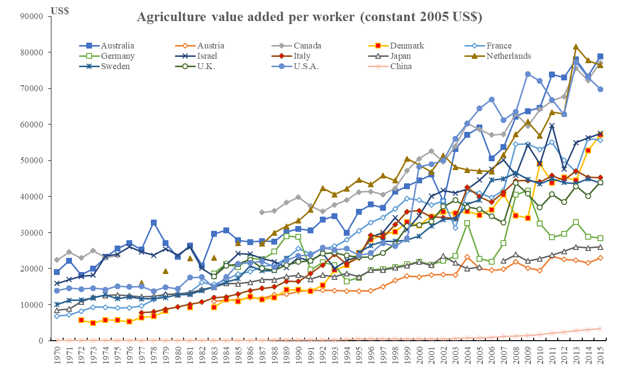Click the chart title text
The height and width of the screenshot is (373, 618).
309,17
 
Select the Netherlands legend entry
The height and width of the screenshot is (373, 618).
509,56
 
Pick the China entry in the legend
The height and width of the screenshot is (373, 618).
404,66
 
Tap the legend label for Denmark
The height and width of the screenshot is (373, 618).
407,46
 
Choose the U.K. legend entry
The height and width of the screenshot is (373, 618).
210,66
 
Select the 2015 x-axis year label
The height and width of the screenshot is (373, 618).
600,354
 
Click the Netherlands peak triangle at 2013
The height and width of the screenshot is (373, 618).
576,47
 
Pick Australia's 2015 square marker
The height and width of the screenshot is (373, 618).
600,56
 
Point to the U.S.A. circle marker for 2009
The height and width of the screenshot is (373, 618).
528,74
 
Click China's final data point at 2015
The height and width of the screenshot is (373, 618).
600,328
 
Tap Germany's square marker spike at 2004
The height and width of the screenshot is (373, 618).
467,223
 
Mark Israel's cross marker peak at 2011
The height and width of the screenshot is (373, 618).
552,126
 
